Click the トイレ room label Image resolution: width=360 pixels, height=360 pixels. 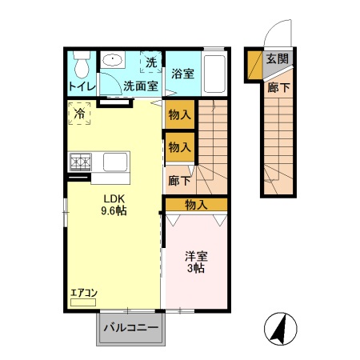tap(82, 86)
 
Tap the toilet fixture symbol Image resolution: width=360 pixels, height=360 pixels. tap(81, 62)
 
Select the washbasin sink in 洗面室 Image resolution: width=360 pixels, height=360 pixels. tap(113, 61)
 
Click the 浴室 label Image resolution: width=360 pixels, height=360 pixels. tap(183, 74)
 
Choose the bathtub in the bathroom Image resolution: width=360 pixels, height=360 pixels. tap(214, 74)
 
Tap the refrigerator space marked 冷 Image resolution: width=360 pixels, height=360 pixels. tap(79, 114)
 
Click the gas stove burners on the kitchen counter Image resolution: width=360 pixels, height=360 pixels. tap(82, 162)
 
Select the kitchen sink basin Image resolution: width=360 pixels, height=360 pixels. tap(113, 162)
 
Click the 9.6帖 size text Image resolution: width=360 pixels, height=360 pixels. tap(114, 211)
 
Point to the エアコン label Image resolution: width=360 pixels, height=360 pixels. tap(83, 294)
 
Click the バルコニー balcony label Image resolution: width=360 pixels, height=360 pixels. tap(130, 327)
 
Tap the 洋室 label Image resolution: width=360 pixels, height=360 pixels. tap(197, 257)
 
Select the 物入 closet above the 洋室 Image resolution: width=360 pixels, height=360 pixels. tap(197, 205)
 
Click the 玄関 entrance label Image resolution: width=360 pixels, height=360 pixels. tap(278, 58)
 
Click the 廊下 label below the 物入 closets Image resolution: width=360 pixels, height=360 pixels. tap(178, 181)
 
